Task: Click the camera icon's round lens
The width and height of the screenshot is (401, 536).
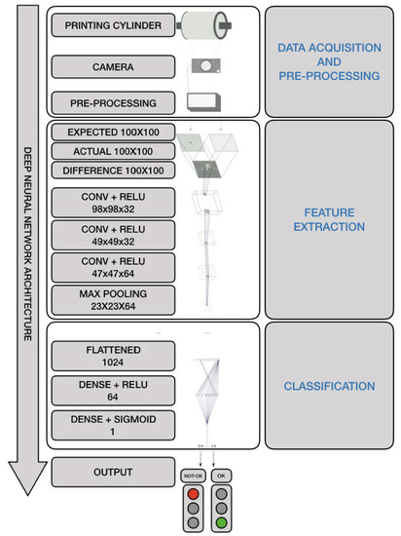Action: point(204,65)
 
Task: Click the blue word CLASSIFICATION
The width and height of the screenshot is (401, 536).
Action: point(330,387)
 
